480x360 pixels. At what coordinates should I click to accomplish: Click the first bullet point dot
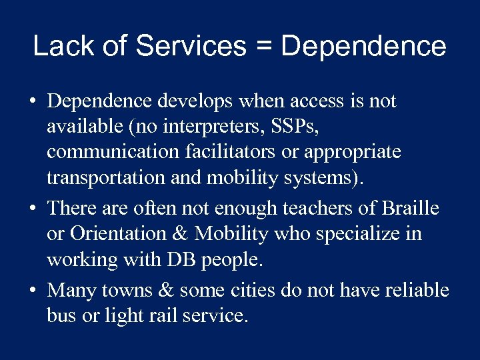pos(32,103)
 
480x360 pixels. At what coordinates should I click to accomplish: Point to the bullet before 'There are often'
pos(32,209)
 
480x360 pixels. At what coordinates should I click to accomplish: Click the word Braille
pos(410,208)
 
